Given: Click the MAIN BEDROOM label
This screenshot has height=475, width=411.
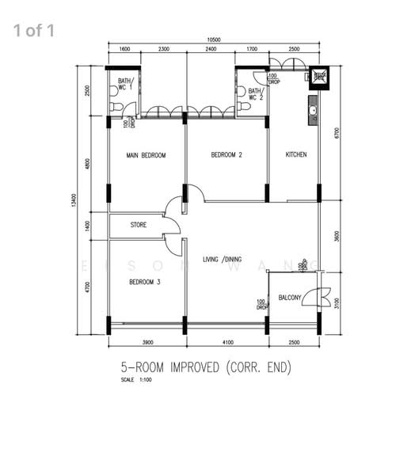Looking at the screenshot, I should pos(146,156).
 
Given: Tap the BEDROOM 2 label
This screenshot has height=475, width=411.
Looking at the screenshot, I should pos(226,155).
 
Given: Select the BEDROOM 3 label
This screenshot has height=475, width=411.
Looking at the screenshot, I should pos(145,282).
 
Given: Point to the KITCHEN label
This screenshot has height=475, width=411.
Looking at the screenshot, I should pos(295,154).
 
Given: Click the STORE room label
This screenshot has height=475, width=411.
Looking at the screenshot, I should pos(139,226).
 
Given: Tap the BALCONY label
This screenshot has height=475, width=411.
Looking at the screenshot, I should pos(290,298).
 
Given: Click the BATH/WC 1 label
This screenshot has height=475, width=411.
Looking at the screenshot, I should pos(126,85).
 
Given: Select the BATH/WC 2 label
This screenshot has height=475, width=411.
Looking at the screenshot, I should pos(255,93).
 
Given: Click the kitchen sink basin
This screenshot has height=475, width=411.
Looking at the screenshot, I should pos(313,110).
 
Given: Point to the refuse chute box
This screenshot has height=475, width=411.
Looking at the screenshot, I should pos(319,77).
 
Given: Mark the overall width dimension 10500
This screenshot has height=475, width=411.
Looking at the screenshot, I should pos(214,39).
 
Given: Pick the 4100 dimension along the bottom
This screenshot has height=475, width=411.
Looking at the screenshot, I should pos(226,342).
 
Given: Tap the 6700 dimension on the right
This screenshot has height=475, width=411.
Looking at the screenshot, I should pos(337,132).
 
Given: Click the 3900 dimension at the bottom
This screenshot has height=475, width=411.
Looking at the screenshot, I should pos(147,342).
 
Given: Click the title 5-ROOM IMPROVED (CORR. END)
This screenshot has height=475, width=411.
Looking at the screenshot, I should pos(207,367).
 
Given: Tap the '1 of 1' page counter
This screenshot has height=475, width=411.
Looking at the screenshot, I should pos(33,31).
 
